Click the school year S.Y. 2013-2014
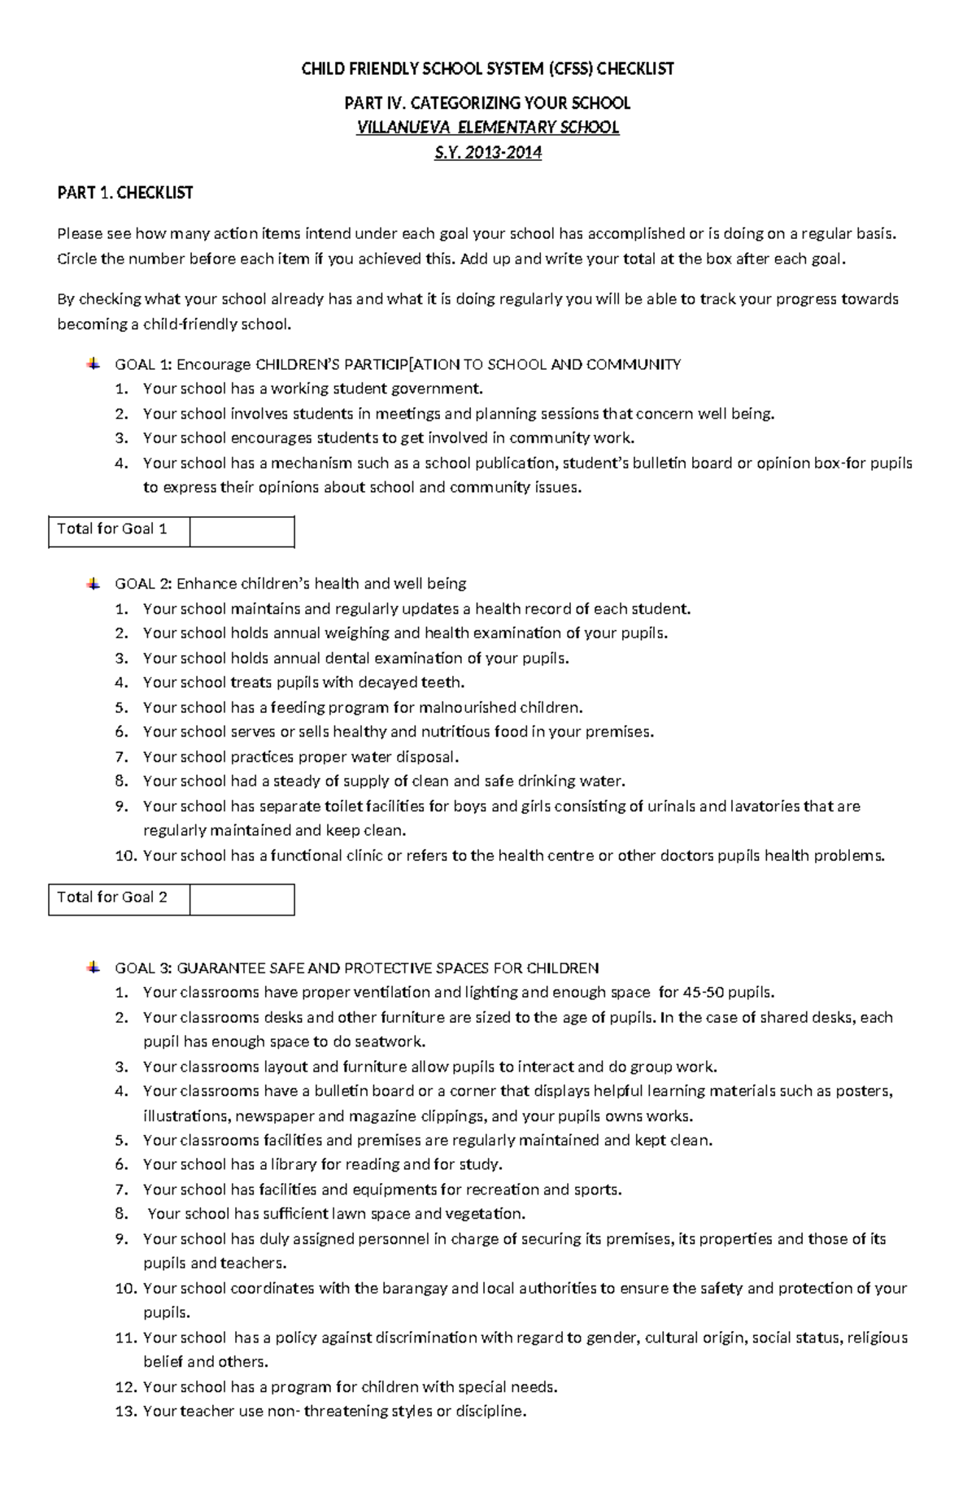click(x=488, y=152)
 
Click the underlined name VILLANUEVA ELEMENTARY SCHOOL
click(x=488, y=128)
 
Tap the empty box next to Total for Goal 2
click(x=242, y=899)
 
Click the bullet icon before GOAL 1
click(x=94, y=363)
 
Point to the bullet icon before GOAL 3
click(x=94, y=967)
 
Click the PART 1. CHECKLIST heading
click(x=124, y=193)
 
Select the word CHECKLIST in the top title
click(x=635, y=69)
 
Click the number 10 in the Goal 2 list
click(x=125, y=855)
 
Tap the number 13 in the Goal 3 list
click(x=125, y=1411)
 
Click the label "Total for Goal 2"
click(x=112, y=898)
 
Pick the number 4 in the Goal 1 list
click(x=121, y=463)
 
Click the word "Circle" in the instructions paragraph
click(x=76, y=259)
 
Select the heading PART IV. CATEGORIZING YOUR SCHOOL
click(x=488, y=103)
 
